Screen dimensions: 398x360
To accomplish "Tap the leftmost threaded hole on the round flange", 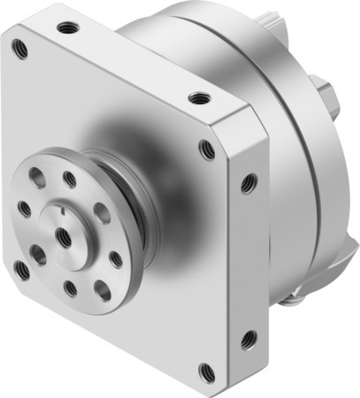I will click(x=24, y=210).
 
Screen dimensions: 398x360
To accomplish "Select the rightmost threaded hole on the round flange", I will click(x=116, y=260).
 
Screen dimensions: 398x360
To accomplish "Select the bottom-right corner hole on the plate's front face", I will click(x=207, y=371).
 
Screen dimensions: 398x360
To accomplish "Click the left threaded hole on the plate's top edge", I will click(x=65, y=27).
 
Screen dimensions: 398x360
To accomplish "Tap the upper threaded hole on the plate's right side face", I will click(x=249, y=183).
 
